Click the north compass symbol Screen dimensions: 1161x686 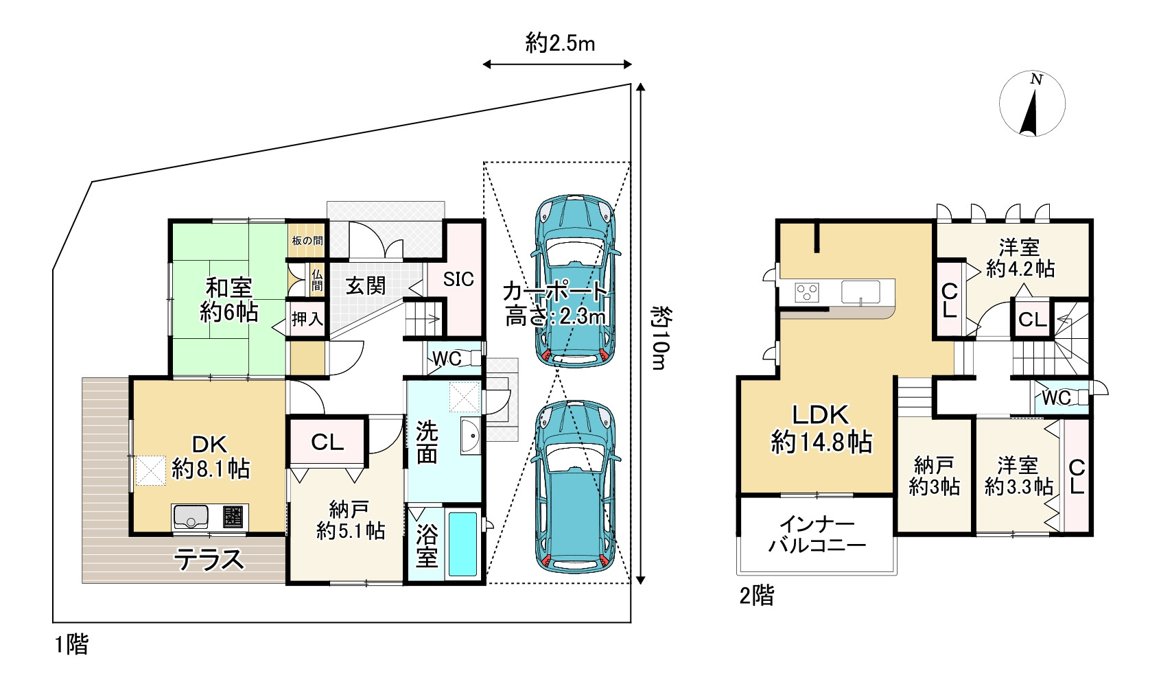pos(1032,104)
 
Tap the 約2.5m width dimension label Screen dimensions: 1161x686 pos(561,43)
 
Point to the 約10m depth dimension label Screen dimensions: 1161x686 pos(660,338)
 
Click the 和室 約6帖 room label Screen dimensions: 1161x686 pos(228,300)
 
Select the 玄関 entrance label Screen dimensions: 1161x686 pos(366,285)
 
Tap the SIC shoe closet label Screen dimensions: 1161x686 pos(458,280)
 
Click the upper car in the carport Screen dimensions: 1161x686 pos(575,281)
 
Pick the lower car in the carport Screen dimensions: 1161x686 pos(575,486)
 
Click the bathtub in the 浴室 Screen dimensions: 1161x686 pos(462,544)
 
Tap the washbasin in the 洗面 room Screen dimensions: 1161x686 pos(471,436)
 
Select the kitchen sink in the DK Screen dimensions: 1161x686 pos(191,517)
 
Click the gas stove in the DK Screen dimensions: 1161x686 pos(233,517)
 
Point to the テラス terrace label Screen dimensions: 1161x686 pos(209,560)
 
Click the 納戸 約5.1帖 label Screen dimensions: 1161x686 pos(351,520)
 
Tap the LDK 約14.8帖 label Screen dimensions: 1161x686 pos(821,429)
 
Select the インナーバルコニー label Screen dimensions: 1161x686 pos(817,534)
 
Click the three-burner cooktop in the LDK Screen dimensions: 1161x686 pos(807,292)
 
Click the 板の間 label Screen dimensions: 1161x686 pos(307,240)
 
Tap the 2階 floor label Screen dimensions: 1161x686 pos(757,596)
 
